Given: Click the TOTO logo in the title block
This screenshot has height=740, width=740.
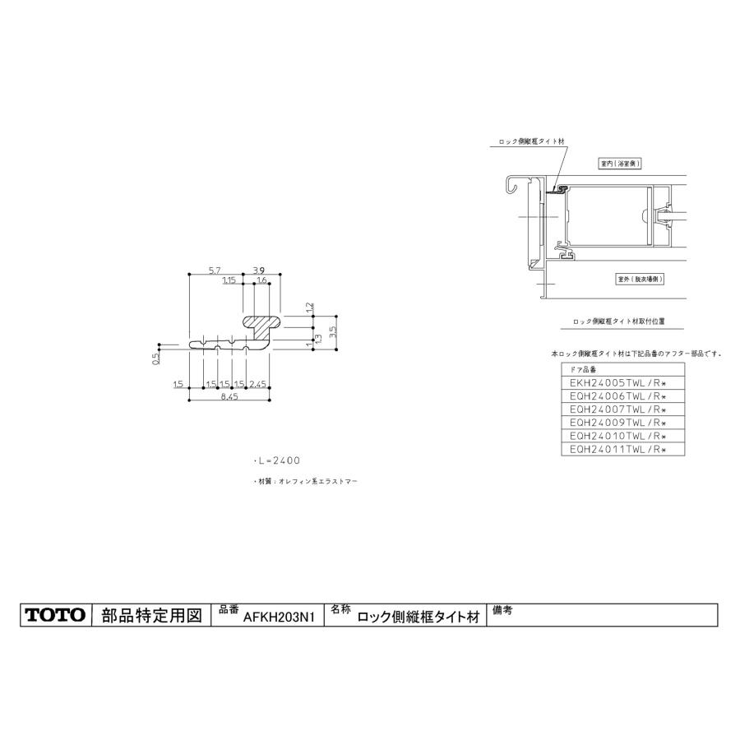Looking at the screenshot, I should tap(55, 614).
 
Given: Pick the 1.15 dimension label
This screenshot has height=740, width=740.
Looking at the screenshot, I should tap(230, 280).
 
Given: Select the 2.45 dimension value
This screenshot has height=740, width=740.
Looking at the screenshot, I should tap(257, 384).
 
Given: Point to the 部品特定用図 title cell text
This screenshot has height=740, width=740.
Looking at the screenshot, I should tap(150, 615).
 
